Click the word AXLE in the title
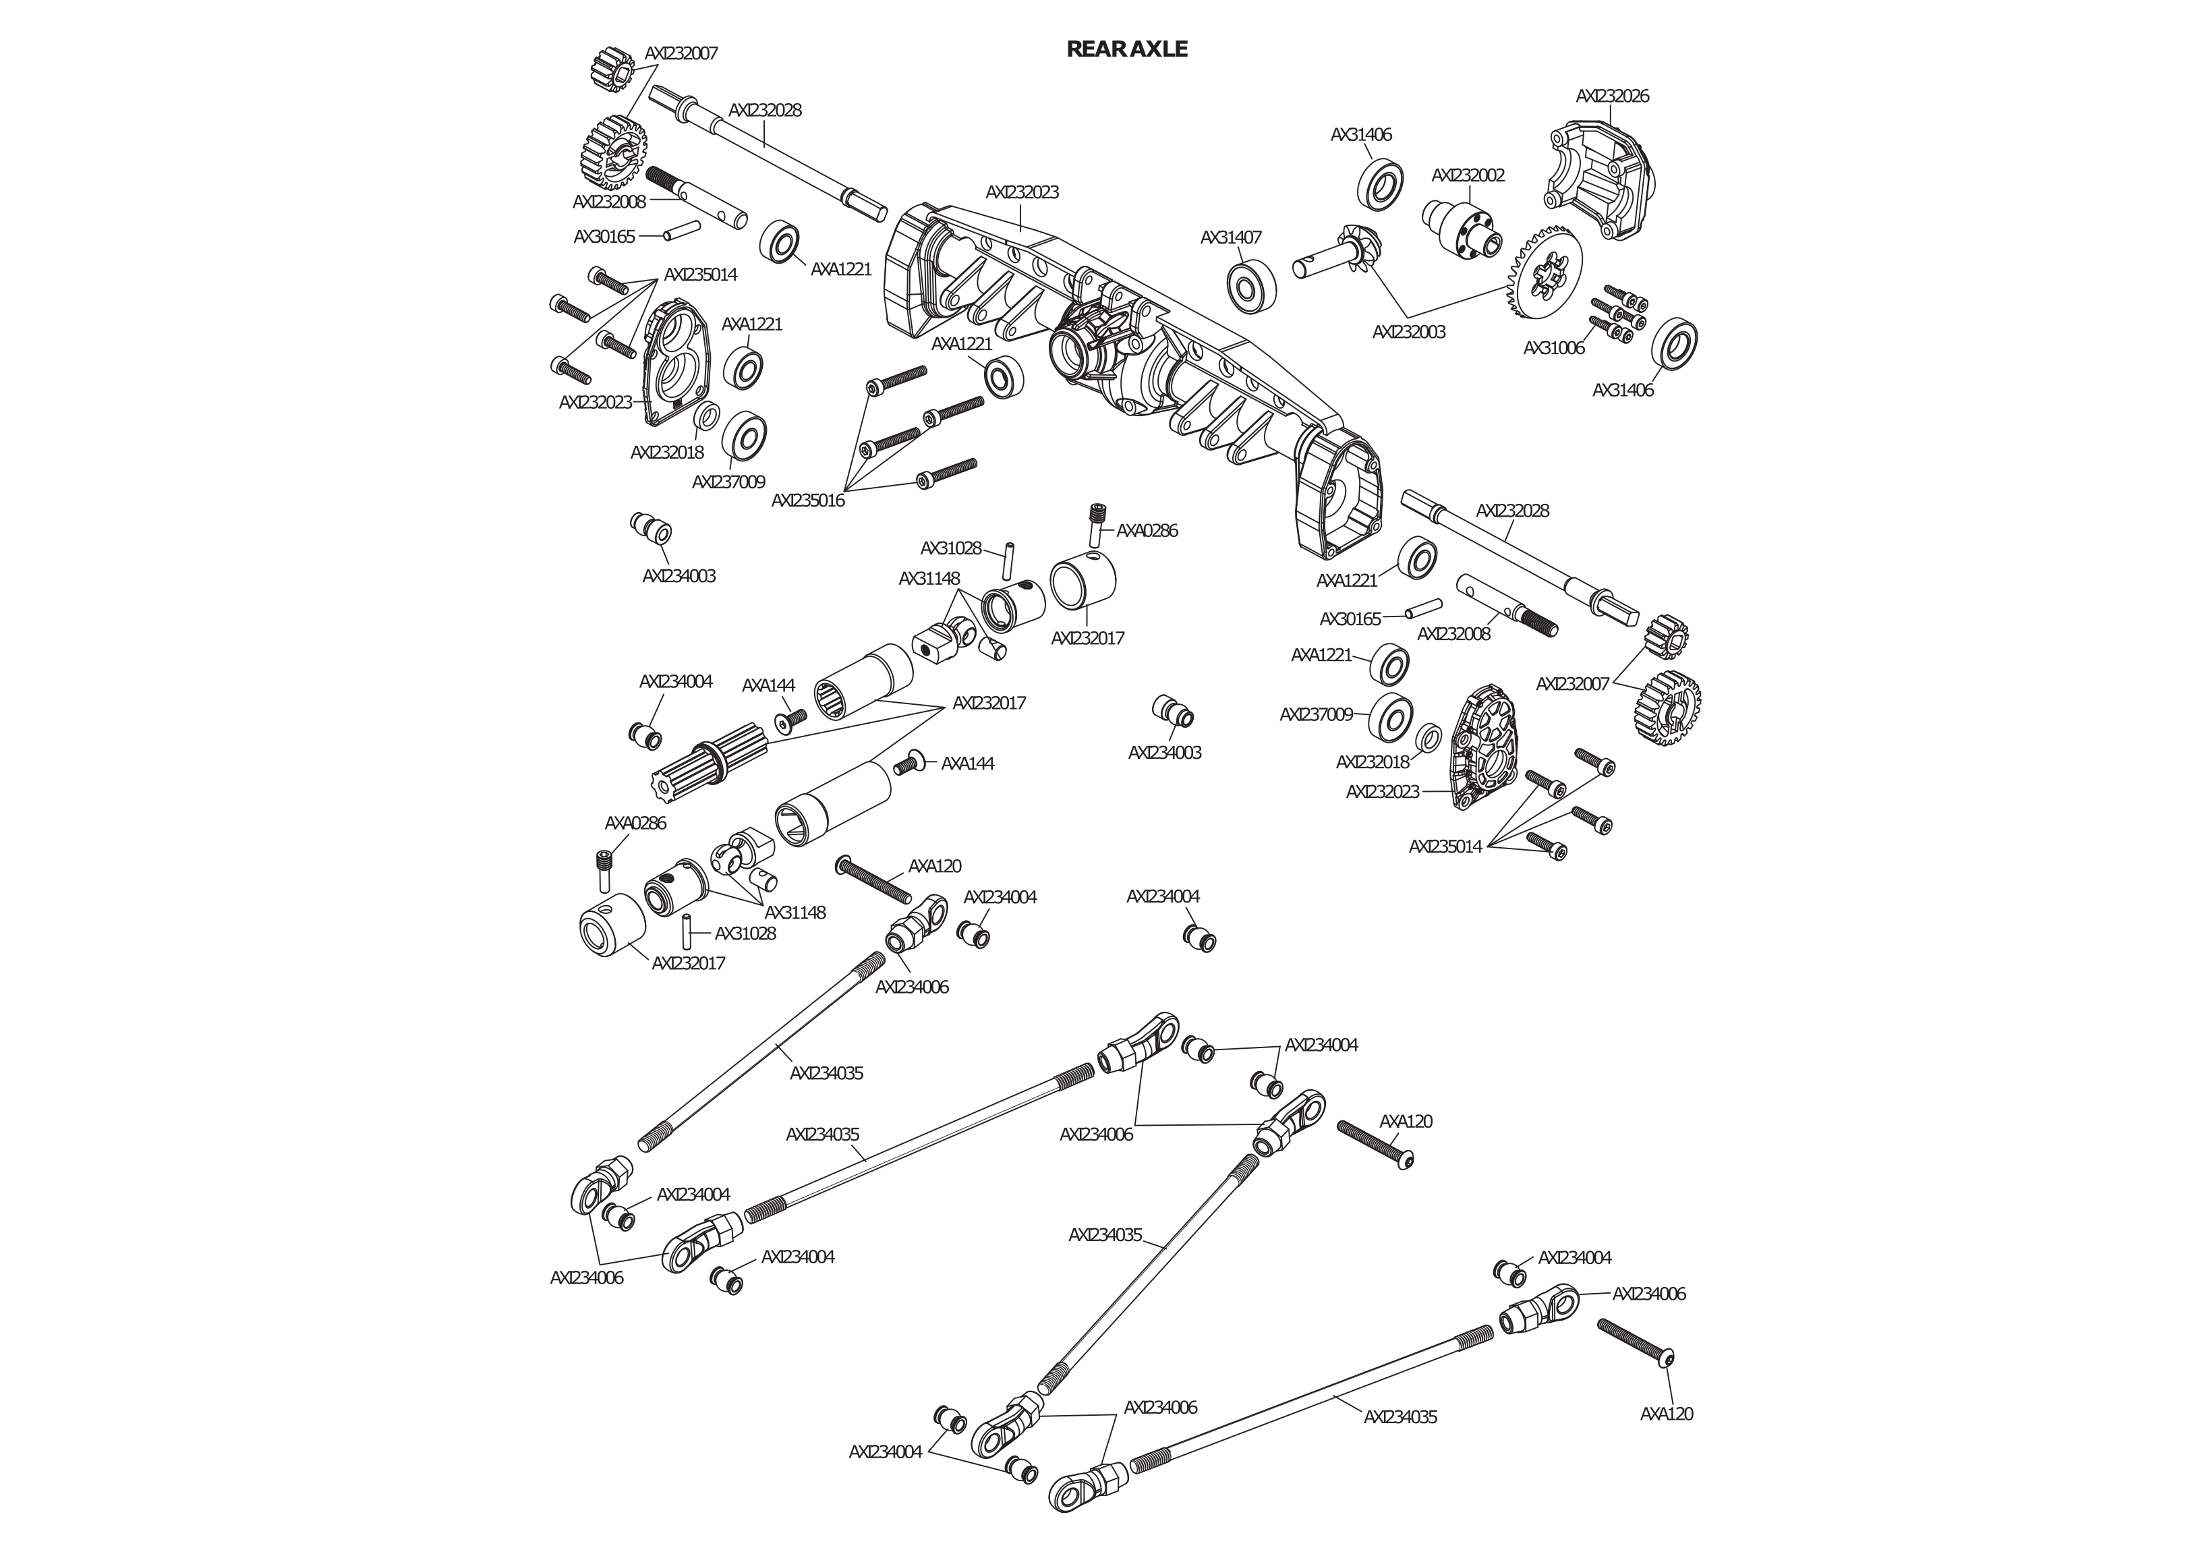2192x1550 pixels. click(1159, 49)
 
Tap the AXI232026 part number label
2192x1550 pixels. click(1611, 96)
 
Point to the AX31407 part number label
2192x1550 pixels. click(1231, 237)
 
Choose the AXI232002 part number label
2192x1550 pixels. click(1468, 175)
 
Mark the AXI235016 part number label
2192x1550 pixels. click(808, 500)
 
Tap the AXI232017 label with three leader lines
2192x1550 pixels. click(989, 703)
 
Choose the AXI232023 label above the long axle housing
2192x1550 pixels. click(1022, 192)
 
